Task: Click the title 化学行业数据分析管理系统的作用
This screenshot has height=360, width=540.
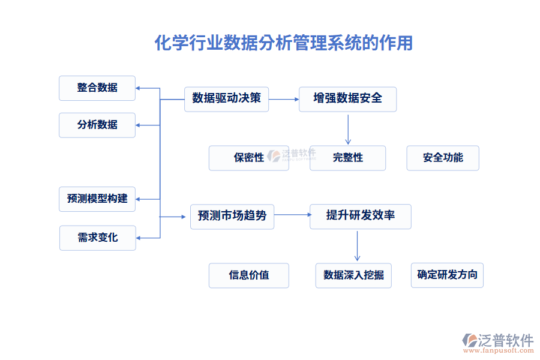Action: pyautogui.click(x=284, y=43)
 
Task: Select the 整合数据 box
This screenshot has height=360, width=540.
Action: pyautogui.click(x=97, y=88)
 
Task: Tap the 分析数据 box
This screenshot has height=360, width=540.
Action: pyautogui.click(x=97, y=125)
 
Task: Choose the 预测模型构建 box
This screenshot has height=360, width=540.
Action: pyautogui.click(x=97, y=199)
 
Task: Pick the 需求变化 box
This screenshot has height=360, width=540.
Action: pyautogui.click(x=98, y=238)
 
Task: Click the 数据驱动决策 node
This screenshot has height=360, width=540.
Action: pyautogui.click(x=226, y=98)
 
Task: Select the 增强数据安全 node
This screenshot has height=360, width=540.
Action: pyautogui.click(x=347, y=98)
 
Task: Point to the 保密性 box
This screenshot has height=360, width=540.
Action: pyautogui.click(x=248, y=158)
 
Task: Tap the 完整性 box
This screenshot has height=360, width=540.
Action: pyautogui.click(x=347, y=158)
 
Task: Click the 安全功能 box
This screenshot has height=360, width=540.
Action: pyautogui.click(x=443, y=158)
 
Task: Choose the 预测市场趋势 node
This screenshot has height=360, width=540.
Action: pyautogui.click(x=232, y=216)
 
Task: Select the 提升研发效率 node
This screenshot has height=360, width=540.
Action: pyautogui.click(x=360, y=215)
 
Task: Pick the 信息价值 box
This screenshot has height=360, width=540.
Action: pyautogui.click(x=248, y=275)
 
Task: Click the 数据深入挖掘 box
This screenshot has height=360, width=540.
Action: pyautogui.click(x=353, y=275)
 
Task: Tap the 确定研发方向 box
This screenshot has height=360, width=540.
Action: pyautogui.click(x=447, y=275)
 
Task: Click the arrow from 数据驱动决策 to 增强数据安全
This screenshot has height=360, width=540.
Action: pyautogui.click(x=283, y=98)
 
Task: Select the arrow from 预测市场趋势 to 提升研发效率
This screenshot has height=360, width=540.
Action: pyautogui.click(x=292, y=215)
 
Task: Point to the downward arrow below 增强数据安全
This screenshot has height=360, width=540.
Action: pyautogui.click(x=347, y=128)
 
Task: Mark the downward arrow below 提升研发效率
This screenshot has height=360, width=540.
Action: pyautogui.click(x=357, y=245)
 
